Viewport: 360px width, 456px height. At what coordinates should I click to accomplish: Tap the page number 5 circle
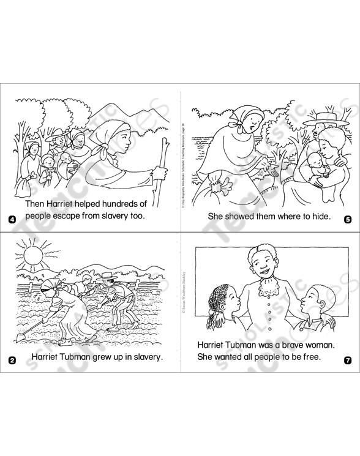pyautogui.click(x=348, y=220)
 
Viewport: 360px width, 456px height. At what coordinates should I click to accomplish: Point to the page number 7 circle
pyautogui.click(x=348, y=360)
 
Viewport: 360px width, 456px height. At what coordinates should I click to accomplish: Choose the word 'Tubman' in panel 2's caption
pyautogui.click(x=84, y=356)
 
